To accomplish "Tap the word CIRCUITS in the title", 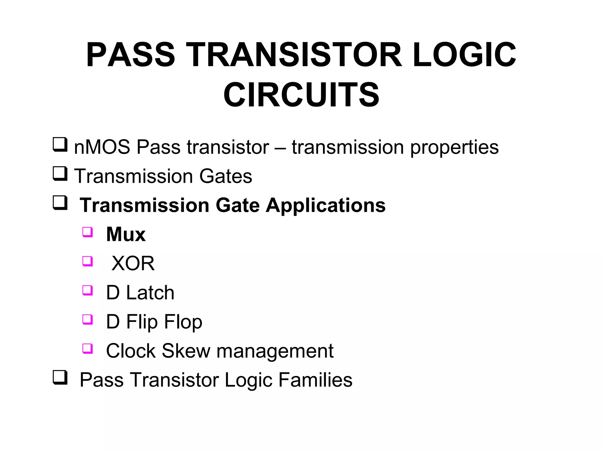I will (301, 95).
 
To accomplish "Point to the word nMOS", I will (102, 147).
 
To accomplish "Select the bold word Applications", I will (326, 205).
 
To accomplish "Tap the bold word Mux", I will (126, 234).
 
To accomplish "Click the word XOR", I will (133, 263).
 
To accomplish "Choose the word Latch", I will (150, 293).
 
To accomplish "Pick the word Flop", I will (183, 322).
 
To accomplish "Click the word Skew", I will (186, 350).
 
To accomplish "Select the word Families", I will (315, 380).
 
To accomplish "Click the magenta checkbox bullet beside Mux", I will (87, 232).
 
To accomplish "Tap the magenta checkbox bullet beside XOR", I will (87, 261).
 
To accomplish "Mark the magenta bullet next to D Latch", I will (87, 290).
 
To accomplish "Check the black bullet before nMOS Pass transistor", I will (60, 145).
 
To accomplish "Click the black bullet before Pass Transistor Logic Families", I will (60, 378).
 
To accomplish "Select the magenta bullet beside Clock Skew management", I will (87, 348).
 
